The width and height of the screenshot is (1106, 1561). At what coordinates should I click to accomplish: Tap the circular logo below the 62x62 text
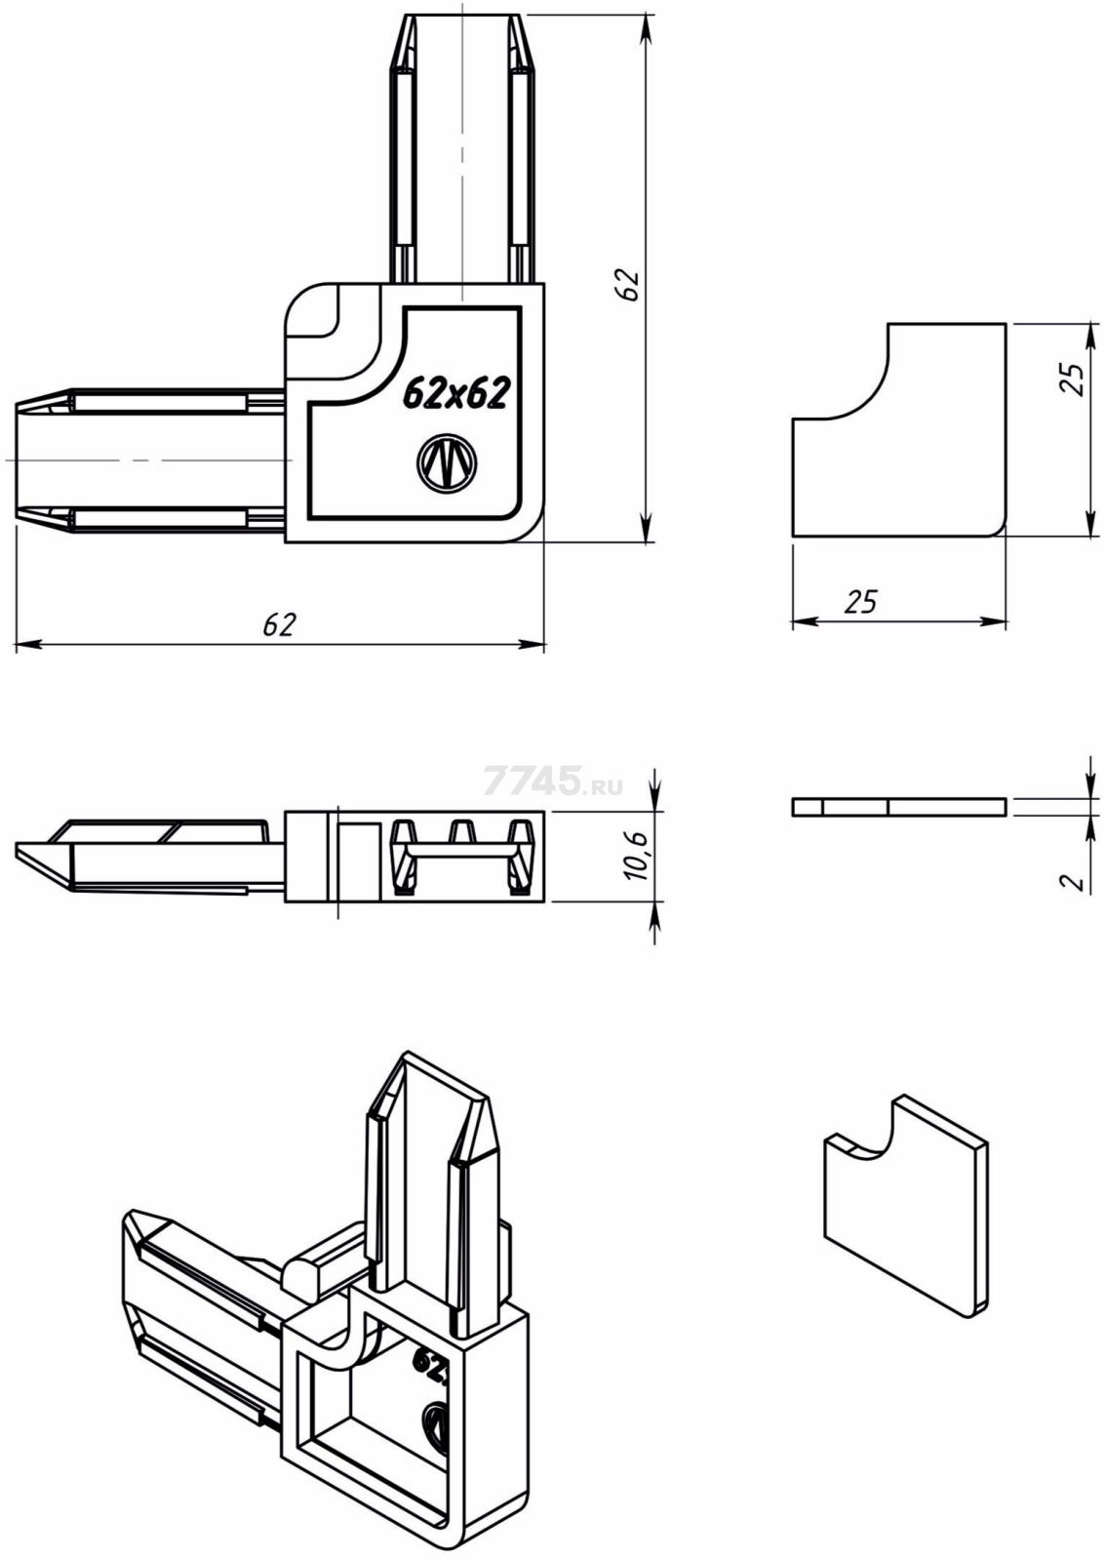click(446, 462)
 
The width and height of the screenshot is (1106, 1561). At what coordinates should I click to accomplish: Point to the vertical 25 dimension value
click(1073, 380)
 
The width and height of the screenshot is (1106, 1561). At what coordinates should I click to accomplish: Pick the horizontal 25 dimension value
click(860, 601)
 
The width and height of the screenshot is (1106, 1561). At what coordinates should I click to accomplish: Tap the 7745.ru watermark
click(554, 780)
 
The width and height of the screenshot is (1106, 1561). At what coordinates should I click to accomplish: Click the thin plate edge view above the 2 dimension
click(899, 807)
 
